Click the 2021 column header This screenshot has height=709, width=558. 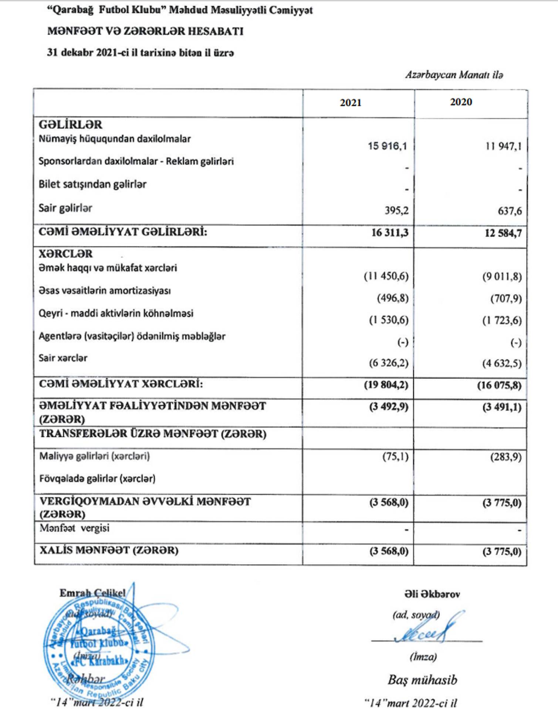coord(350,102)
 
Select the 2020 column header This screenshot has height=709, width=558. coord(461,102)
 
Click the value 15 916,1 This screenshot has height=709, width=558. coord(387,146)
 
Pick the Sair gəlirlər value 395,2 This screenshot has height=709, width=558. coord(396,210)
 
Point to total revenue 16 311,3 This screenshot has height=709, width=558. coord(389,232)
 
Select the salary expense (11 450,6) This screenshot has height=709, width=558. coord(386,276)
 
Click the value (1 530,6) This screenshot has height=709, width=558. coord(389,320)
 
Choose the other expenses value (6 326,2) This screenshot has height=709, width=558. coord(389,363)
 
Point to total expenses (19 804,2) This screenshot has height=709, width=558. coord(386,385)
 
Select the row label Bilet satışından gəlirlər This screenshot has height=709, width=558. coord(92,184)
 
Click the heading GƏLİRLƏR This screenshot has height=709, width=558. coord(70,124)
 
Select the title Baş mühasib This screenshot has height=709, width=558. coord(422,680)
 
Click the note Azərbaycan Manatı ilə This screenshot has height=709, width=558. coord(454,75)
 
